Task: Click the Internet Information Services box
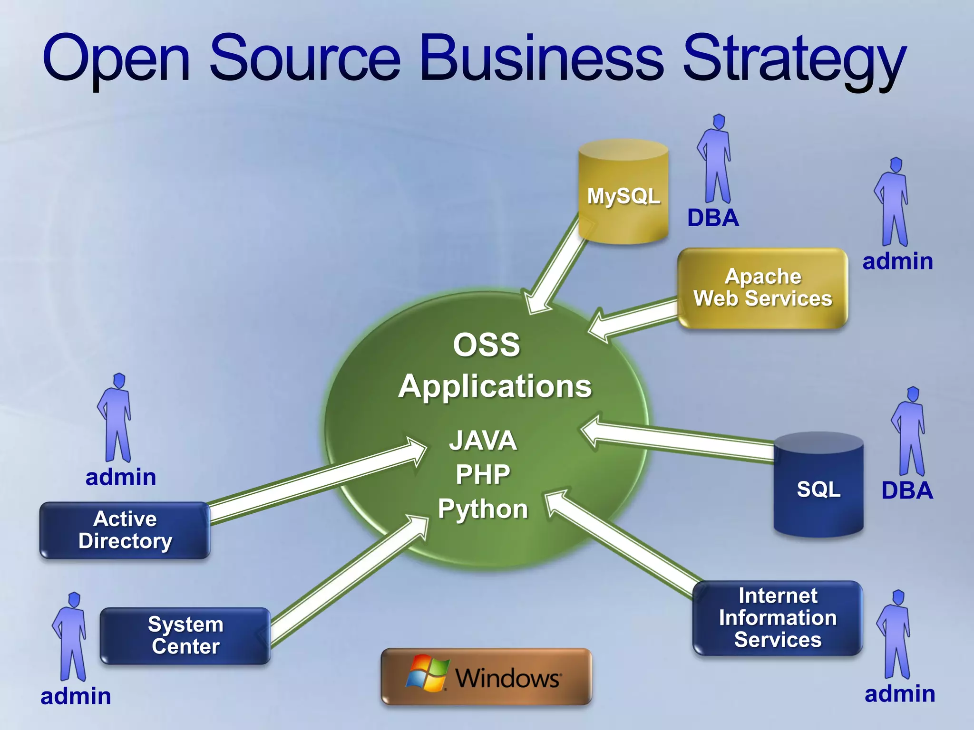(777, 618)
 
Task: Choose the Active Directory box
(125, 530)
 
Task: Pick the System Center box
(185, 635)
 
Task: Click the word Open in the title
(117, 59)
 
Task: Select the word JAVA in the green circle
(483, 440)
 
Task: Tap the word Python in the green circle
(483, 509)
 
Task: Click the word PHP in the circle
(483, 474)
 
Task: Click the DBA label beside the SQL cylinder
(906, 490)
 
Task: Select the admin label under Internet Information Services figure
(899, 694)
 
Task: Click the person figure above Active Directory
(116, 418)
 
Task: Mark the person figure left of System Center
(70, 637)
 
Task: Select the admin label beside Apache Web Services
(897, 261)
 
